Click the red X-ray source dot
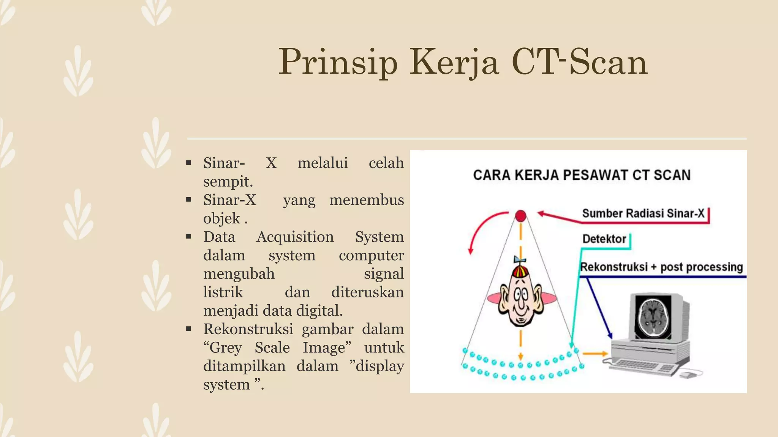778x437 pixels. click(x=520, y=216)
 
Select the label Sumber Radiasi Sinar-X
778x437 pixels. click(x=643, y=214)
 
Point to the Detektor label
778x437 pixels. click(x=604, y=239)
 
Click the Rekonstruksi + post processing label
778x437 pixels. click(x=661, y=267)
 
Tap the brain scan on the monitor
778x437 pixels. click(x=653, y=317)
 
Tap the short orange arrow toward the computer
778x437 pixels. click(x=595, y=354)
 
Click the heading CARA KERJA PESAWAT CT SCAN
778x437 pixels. click(x=582, y=175)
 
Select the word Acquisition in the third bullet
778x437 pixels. click(x=295, y=237)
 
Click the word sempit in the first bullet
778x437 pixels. click(x=227, y=182)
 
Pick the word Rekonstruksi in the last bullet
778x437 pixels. click(x=248, y=329)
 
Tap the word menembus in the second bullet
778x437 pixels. click(x=366, y=200)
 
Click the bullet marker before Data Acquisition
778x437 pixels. click(x=189, y=237)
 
